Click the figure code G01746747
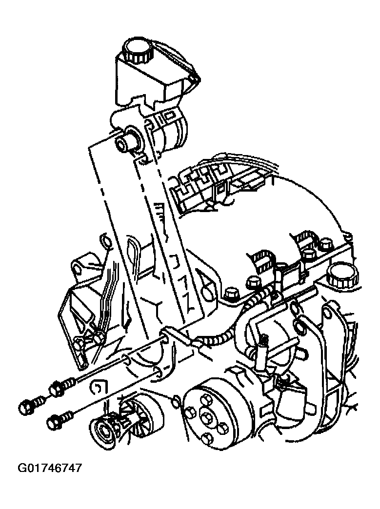click(50, 468)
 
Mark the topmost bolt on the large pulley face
click(205, 398)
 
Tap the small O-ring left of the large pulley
click(175, 401)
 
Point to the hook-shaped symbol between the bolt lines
click(97, 388)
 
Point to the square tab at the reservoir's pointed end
click(194, 79)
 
